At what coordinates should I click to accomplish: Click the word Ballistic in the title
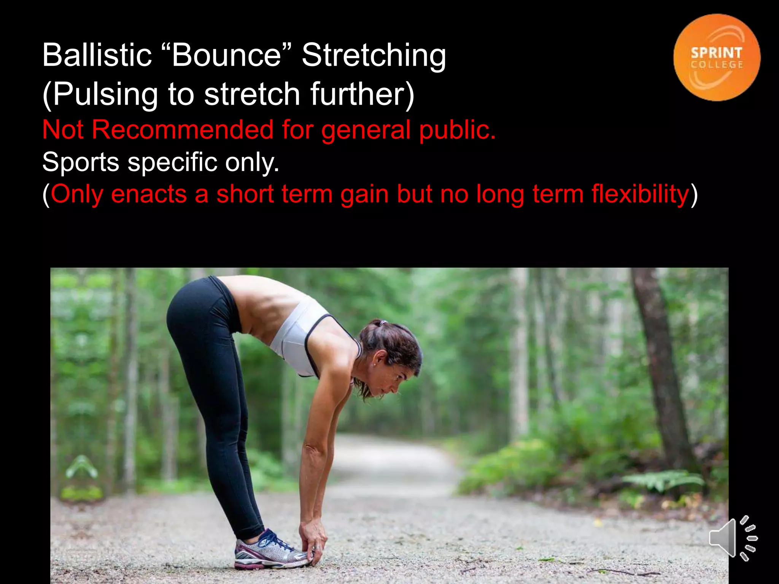[x=97, y=55]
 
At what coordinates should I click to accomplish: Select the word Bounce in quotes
[x=227, y=55]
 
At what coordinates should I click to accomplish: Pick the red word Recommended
[x=183, y=130]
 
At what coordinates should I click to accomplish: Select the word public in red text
[x=456, y=130]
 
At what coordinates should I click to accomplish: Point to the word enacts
[x=149, y=194]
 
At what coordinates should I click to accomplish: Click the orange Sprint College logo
[x=717, y=57]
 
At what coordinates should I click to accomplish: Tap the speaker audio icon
[x=733, y=538]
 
